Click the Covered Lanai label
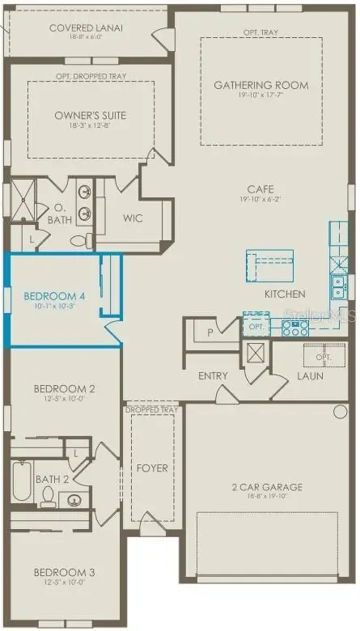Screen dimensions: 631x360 click(86, 28)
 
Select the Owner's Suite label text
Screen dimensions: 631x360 click(90, 115)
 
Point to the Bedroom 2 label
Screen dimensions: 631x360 click(64, 389)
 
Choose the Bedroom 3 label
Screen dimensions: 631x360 click(64, 573)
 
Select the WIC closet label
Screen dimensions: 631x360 click(133, 218)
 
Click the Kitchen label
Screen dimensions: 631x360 click(285, 294)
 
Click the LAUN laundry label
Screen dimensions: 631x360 click(311, 376)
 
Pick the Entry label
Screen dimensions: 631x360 click(213, 376)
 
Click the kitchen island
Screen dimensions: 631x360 click(269, 264)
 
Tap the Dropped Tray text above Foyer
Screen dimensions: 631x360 click(151, 410)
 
